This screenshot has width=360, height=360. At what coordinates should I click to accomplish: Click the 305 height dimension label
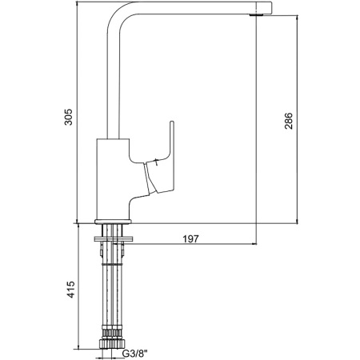pos(69,117)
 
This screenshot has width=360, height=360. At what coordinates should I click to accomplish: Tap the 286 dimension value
pos(289,121)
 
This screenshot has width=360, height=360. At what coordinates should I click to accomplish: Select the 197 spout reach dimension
pos(191,238)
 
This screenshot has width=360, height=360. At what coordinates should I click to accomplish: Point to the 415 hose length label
pos(70,290)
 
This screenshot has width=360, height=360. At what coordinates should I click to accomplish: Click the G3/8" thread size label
pos(134,354)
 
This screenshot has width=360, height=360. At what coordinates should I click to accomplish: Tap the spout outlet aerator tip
pos(255,15)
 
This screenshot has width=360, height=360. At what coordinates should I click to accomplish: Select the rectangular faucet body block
pos(113,178)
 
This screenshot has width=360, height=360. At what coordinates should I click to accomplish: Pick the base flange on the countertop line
pos(113,222)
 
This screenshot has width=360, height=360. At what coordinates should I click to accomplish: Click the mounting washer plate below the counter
pos(113,238)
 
